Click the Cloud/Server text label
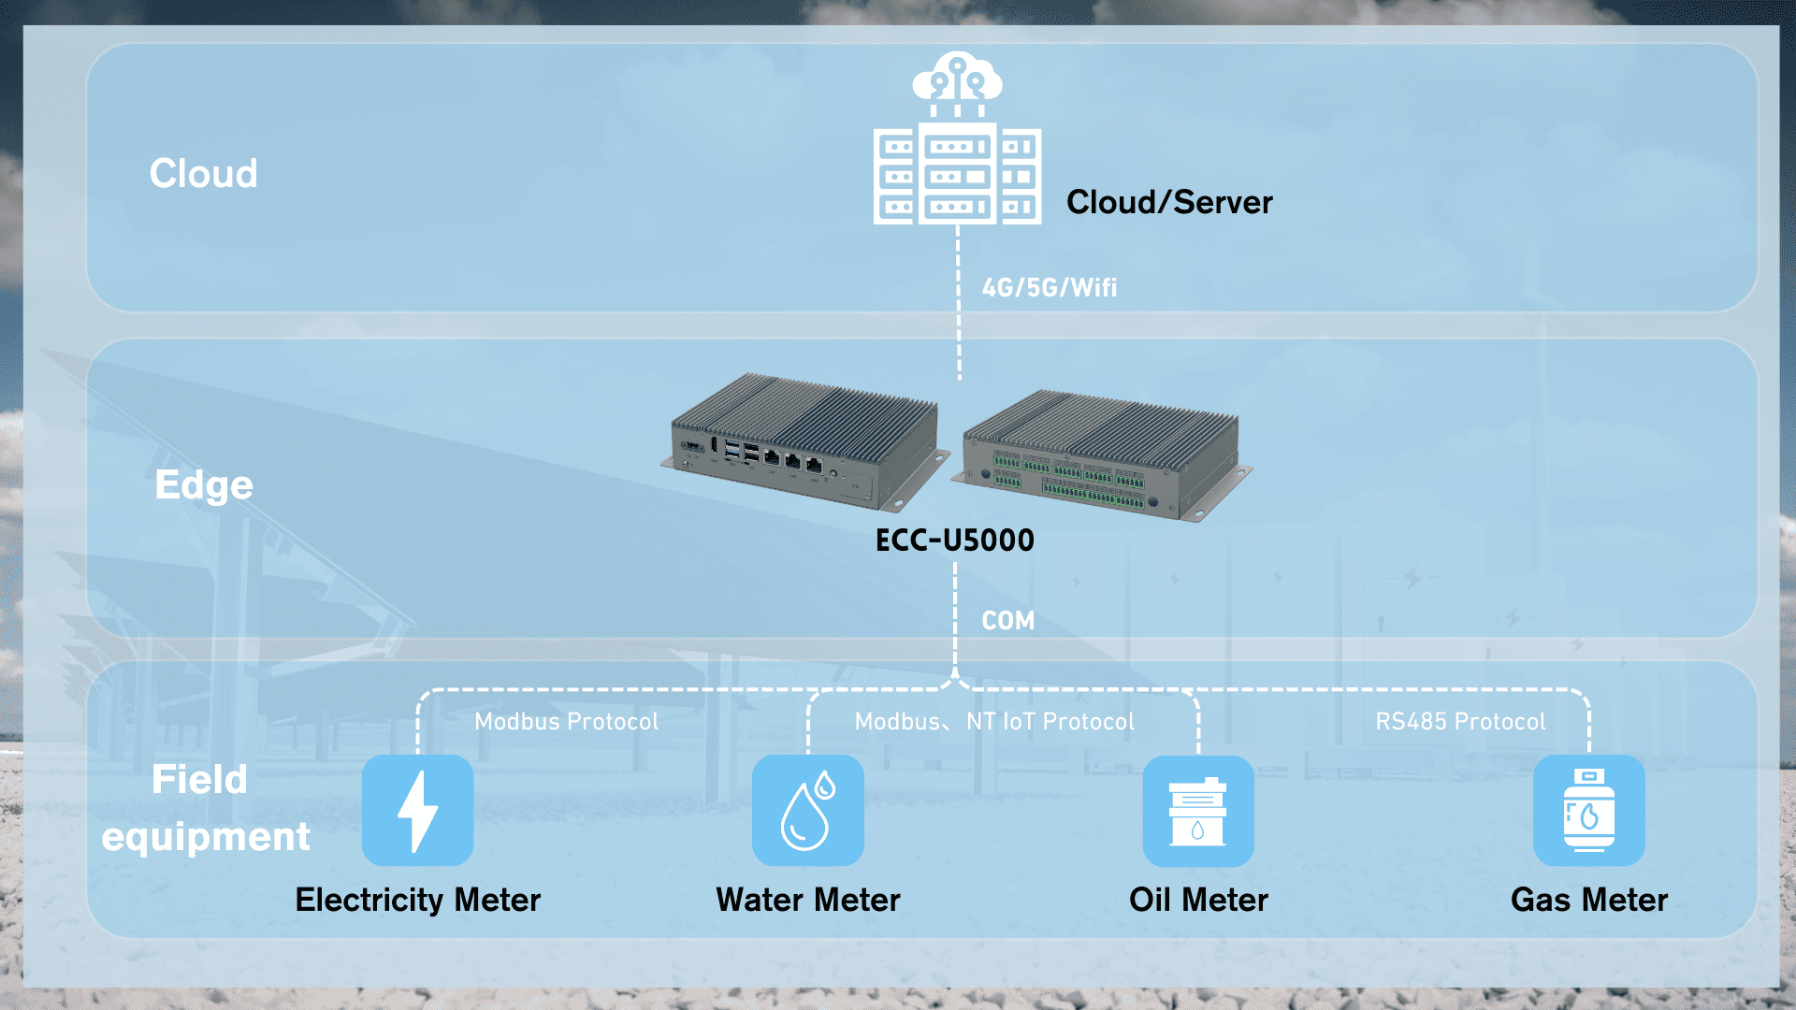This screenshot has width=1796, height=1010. click(x=1169, y=202)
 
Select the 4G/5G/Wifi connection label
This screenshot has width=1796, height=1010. click(x=1049, y=287)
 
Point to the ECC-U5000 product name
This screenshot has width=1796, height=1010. click(x=954, y=541)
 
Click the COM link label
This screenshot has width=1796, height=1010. click(x=1007, y=621)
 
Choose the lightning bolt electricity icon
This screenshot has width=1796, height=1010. click(x=417, y=811)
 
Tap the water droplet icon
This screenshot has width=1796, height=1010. click(x=807, y=811)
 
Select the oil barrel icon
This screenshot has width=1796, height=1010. click(x=1198, y=811)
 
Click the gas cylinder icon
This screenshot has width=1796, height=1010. click(x=1588, y=811)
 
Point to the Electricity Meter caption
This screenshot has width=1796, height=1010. click(x=417, y=900)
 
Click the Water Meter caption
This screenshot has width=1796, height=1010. click(x=807, y=900)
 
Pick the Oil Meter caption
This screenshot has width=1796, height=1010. click(x=1198, y=900)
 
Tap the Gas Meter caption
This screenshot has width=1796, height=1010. click(x=1588, y=900)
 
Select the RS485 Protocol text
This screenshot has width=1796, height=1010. click(x=1460, y=722)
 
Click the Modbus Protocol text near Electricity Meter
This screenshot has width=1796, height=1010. click(x=566, y=722)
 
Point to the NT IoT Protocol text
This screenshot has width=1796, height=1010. click(x=1050, y=722)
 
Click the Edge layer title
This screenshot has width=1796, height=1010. click(x=204, y=485)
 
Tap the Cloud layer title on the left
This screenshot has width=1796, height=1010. click(x=203, y=174)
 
